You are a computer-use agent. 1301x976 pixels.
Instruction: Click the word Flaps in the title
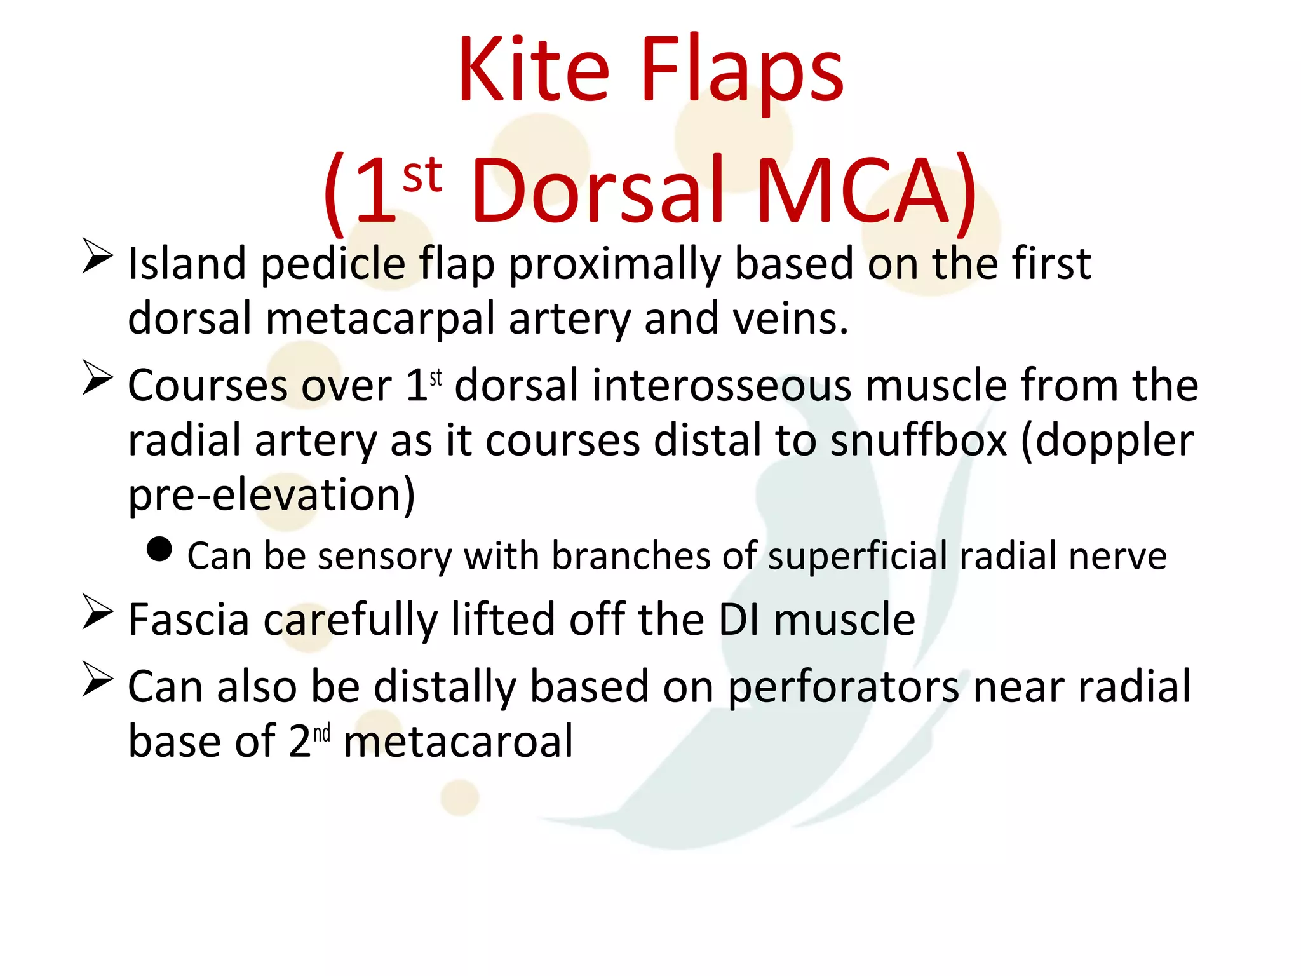point(742,71)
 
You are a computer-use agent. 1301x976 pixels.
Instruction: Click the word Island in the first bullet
point(187,263)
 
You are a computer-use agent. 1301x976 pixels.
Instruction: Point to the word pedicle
point(333,264)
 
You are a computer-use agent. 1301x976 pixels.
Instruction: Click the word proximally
point(614,264)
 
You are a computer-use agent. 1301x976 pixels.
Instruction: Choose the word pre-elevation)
point(271,495)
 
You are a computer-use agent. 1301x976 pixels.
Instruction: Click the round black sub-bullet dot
point(159,550)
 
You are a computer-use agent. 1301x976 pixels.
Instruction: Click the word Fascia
point(189,620)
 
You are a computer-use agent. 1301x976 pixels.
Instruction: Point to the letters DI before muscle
point(739,620)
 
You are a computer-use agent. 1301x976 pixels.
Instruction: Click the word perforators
point(843,688)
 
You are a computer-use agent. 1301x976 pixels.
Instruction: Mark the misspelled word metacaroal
point(458,742)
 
